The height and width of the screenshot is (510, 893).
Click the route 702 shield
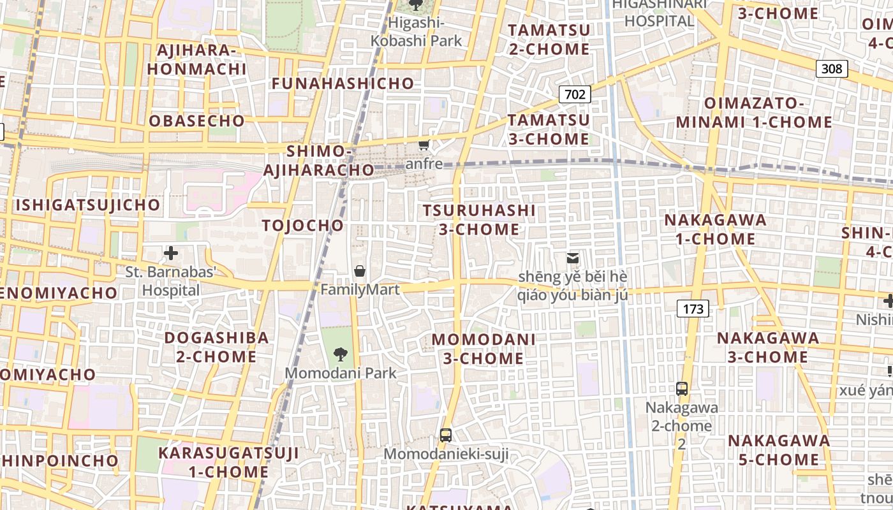[x=575, y=95]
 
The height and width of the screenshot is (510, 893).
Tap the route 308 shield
[x=832, y=68]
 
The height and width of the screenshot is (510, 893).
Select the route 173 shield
[x=693, y=309]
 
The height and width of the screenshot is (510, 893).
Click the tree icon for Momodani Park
[x=341, y=354]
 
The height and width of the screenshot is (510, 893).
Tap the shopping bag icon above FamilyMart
[x=360, y=271]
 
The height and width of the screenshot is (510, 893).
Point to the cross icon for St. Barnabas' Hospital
[x=170, y=253]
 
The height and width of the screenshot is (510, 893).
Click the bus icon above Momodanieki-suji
[x=446, y=435]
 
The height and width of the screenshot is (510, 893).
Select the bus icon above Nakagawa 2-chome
[x=682, y=388]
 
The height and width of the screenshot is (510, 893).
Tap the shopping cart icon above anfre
[x=424, y=145]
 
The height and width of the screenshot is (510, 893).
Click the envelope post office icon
[x=573, y=258]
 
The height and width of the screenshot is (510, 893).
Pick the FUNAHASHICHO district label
[x=343, y=84]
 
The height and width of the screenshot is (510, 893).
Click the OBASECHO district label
[x=197, y=121]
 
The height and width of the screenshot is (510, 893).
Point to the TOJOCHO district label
[x=303, y=226]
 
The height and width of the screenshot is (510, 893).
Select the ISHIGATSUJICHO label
[x=88, y=205]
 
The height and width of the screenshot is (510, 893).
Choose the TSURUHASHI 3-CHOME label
[x=479, y=219]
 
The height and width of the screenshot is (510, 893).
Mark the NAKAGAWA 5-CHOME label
[x=779, y=450]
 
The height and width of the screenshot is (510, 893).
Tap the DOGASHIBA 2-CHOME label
[x=216, y=347]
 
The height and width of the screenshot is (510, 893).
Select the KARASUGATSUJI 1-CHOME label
[x=228, y=462]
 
